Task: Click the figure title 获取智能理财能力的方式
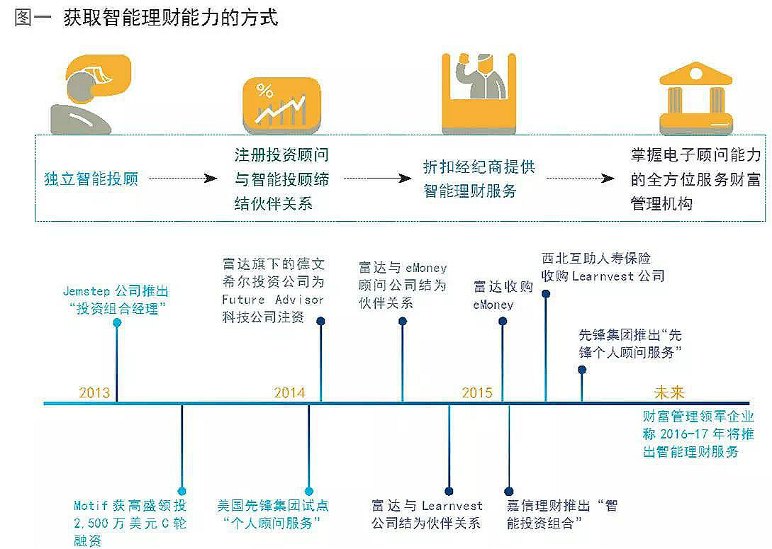click(x=171, y=18)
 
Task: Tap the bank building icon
click(x=695, y=98)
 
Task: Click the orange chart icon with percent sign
click(x=282, y=106)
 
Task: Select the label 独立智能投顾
click(x=91, y=179)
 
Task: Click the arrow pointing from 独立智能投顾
click(x=183, y=178)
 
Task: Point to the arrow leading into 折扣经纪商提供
click(x=378, y=178)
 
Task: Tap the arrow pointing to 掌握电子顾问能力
click(x=581, y=178)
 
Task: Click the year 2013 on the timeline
click(x=94, y=392)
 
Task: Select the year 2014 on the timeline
click(x=289, y=392)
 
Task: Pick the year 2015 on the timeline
click(x=477, y=392)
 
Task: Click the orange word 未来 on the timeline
click(x=670, y=392)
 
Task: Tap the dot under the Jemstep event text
click(x=117, y=323)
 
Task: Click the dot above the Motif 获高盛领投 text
click(x=181, y=491)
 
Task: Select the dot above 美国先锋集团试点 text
click(x=309, y=491)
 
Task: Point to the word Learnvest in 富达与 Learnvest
click(x=452, y=506)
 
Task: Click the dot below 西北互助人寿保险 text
click(x=546, y=294)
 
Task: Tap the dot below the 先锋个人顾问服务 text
click(x=582, y=370)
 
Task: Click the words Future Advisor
click(x=273, y=300)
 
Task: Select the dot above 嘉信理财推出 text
click(x=509, y=491)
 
